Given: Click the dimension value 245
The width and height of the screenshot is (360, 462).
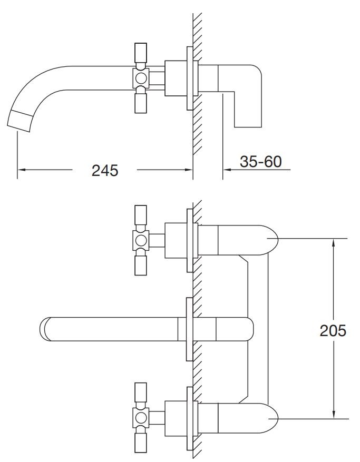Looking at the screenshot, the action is (105, 170).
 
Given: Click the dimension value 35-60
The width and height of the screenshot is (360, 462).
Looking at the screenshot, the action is (260, 162).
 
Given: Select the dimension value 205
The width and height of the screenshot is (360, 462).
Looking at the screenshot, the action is (333, 331).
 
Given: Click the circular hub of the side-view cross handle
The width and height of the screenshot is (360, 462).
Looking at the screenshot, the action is (141, 78).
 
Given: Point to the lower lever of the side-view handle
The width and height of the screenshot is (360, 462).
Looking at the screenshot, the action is (140, 103).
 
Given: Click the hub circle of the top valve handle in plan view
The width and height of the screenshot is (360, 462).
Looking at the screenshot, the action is (141, 240).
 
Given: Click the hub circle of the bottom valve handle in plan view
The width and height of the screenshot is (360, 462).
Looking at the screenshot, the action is (141, 418).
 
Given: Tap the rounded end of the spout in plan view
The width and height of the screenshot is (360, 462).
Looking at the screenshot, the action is (45, 329).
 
